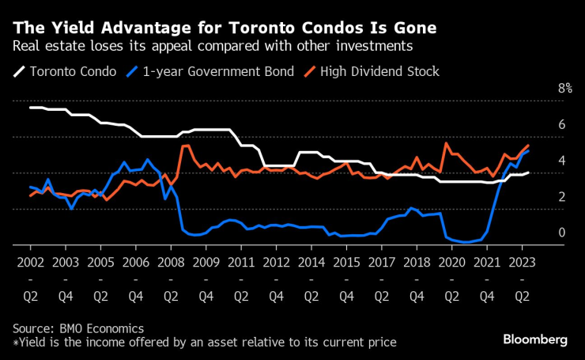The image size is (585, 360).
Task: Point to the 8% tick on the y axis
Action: (x=564, y=89)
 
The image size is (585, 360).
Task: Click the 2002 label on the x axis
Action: (x=29, y=262)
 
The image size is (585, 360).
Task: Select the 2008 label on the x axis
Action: (x=170, y=262)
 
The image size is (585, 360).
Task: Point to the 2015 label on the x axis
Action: (x=345, y=262)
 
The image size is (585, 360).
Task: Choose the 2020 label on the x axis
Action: (x=451, y=262)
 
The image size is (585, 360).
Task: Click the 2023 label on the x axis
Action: (x=522, y=262)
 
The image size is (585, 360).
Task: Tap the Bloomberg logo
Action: (x=535, y=339)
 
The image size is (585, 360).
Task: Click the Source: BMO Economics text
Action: (x=78, y=328)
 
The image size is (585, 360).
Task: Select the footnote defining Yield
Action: (x=204, y=343)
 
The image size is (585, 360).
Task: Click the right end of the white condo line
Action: (x=528, y=172)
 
